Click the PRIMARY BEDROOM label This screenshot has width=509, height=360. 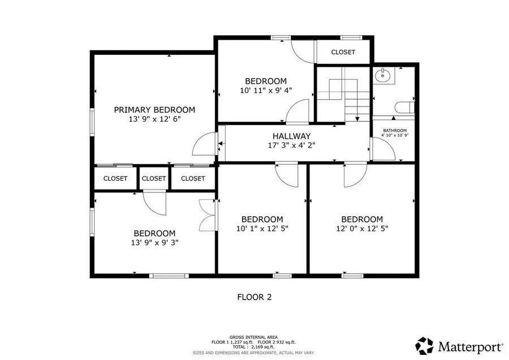[154, 110]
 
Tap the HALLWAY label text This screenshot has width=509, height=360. [291, 136]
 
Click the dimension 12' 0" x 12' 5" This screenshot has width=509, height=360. [361, 229]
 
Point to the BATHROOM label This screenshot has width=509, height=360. [394, 130]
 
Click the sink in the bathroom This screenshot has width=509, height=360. [384, 75]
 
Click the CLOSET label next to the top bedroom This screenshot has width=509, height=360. [343, 52]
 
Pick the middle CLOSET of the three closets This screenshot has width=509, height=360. [154, 178]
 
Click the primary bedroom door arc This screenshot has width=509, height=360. [204, 146]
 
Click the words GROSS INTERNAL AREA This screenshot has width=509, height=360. [253, 337]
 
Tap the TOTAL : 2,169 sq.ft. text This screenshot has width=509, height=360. [253, 348]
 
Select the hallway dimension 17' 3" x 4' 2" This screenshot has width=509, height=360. [291, 145]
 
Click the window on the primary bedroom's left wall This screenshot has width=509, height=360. [92, 121]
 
